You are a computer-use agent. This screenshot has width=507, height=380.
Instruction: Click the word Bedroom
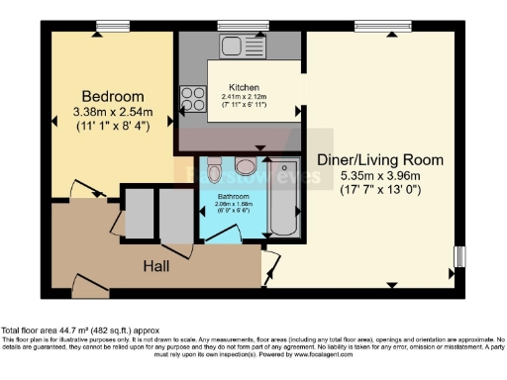pos(111,96)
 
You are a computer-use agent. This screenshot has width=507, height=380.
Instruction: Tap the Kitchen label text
pos(244,85)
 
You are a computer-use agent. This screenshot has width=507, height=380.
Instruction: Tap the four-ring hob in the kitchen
pos(191,100)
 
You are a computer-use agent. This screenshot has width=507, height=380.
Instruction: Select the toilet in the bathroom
pos(217,172)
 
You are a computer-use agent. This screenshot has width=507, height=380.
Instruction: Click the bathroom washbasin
pos(247,164)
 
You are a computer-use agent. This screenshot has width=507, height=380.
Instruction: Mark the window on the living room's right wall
pos(458,256)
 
